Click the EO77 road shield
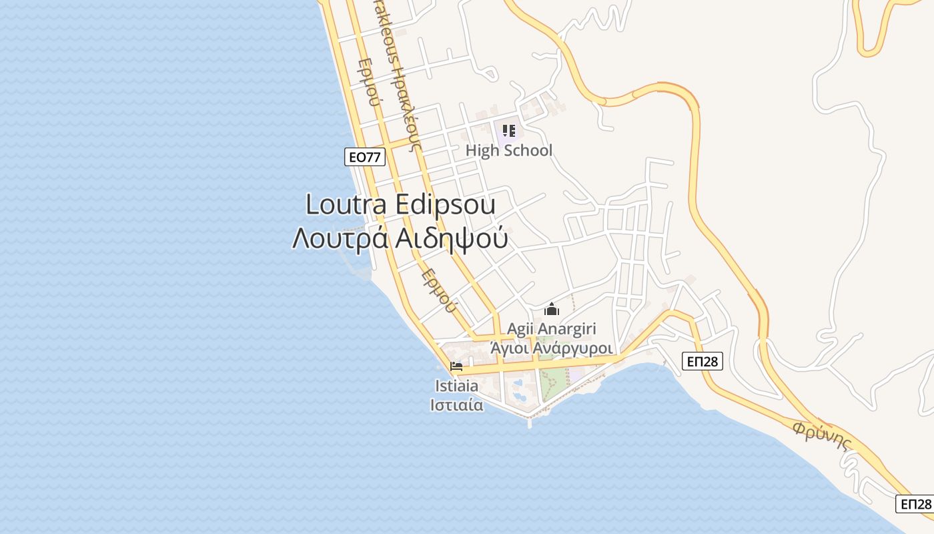pyautogui.click(x=365, y=157)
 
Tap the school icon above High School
pyautogui.click(x=509, y=130)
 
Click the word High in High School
pyautogui.click(x=482, y=151)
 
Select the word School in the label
pyautogui.click(x=527, y=151)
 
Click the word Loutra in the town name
pyautogui.click(x=347, y=204)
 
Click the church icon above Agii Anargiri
pyautogui.click(x=552, y=309)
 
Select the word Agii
pyautogui.click(x=521, y=328)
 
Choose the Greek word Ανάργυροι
pyautogui.click(x=575, y=348)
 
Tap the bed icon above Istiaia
pyautogui.click(x=456, y=366)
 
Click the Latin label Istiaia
pyautogui.click(x=456, y=386)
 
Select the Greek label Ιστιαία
pyautogui.click(x=456, y=405)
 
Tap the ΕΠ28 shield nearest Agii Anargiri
pyautogui.click(x=703, y=361)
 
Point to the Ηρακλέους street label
pyautogui.click(x=400, y=73)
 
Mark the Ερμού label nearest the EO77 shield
pyautogui.click(x=368, y=83)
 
